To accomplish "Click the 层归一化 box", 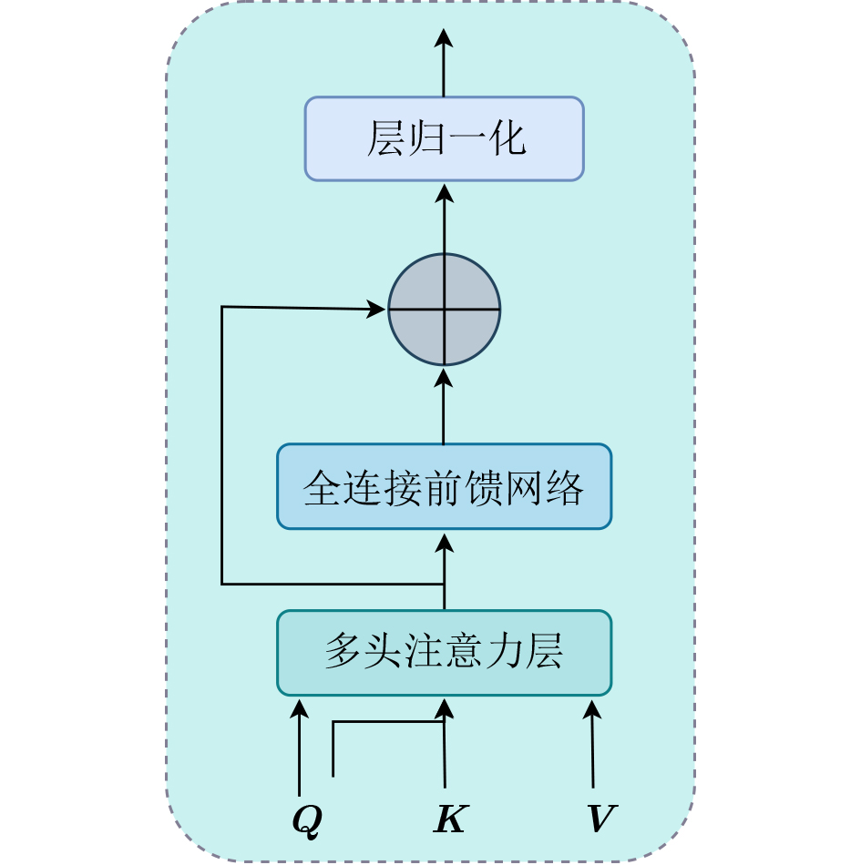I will [x=444, y=138].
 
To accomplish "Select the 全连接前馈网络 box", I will [x=444, y=486].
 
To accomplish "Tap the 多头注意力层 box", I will [x=444, y=652].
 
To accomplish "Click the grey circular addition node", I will [x=445, y=310].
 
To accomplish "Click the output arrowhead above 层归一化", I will [x=444, y=38].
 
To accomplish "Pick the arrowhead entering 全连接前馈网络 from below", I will [x=444, y=543].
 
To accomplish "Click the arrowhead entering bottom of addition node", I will [x=444, y=377].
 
